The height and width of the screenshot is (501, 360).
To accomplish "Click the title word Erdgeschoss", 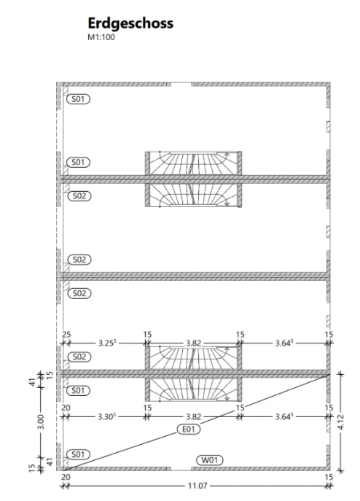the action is pyautogui.click(x=130, y=23).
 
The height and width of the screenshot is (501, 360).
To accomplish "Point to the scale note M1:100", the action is pyautogui.click(x=101, y=37).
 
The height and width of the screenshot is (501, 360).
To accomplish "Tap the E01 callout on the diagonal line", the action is pyautogui.click(x=189, y=429).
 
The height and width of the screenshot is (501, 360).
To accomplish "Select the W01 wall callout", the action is pyautogui.click(x=210, y=460).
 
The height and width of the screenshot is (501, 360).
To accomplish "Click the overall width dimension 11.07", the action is pyautogui.click(x=197, y=486).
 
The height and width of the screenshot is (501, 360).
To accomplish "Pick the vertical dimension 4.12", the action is pyautogui.click(x=340, y=422).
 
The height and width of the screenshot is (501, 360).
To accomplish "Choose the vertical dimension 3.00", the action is pyautogui.click(x=42, y=422).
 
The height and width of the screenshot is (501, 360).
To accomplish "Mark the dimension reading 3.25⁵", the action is pyautogui.click(x=106, y=343).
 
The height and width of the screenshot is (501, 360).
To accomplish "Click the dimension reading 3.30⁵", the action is pyautogui.click(x=106, y=416).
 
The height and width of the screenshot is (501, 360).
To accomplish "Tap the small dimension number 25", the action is pyautogui.click(x=66, y=335).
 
